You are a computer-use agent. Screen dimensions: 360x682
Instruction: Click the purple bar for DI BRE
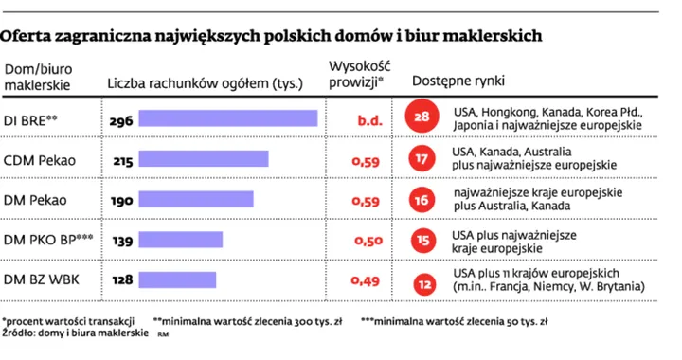[228, 118]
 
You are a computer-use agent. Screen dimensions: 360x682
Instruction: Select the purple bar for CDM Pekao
[204, 159]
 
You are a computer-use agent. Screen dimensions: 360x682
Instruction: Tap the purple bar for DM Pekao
[196, 199]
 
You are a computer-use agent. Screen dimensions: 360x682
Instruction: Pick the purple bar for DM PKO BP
[181, 240]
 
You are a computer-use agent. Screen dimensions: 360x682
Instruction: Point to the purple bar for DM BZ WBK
[178, 279]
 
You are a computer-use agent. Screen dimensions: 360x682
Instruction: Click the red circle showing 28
[422, 118]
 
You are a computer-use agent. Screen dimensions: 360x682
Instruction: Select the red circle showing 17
[422, 159]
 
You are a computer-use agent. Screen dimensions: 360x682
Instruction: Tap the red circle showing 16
[422, 199]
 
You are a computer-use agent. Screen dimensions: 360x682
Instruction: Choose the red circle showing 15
[422, 240]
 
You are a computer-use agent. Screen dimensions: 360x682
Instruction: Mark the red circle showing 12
[422, 280]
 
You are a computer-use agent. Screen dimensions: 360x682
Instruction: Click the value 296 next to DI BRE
[120, 119]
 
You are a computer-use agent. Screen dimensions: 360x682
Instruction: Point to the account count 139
[120, 241]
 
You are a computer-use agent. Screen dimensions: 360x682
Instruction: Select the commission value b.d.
[368, 119]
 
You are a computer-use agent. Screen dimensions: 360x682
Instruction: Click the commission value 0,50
[367, 241]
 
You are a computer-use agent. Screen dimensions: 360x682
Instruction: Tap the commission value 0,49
[367, 281]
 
